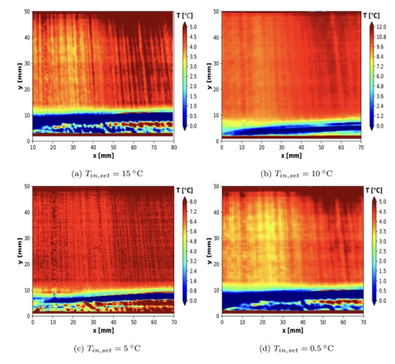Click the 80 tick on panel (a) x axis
[174, 147]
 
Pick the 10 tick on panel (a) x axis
[32, 147]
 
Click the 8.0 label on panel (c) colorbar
[192, 202]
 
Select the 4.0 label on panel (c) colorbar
[192, 251]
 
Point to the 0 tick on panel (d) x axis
[222, 321]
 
